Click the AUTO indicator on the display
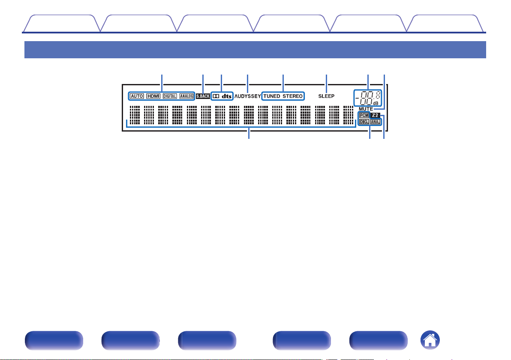point(136,96)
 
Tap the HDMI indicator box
point(153,96)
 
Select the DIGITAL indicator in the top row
point(170,96)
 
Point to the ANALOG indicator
point(186,96)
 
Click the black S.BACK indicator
point(203,96)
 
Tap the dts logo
point(226,96)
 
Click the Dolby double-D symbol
point(216,96)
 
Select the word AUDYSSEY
point(247,96)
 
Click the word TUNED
point(271,96)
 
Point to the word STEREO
point(292,96)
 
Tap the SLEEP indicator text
point(326,96)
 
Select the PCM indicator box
point(364,115)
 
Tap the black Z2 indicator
point(376,115)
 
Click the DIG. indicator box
point(364,122)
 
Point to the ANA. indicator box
point(376,122)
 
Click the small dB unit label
point(376,103)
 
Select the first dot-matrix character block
point(135,114)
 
